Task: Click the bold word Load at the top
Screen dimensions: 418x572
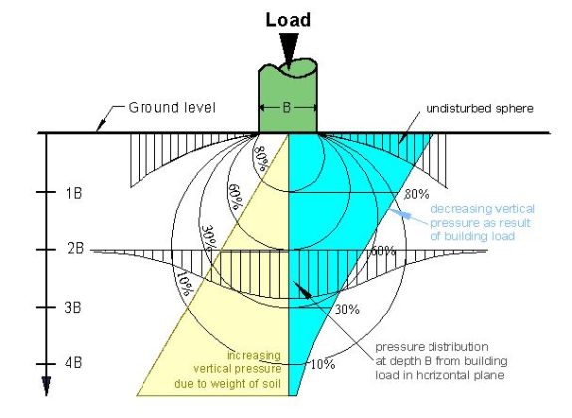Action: (287, 20)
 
